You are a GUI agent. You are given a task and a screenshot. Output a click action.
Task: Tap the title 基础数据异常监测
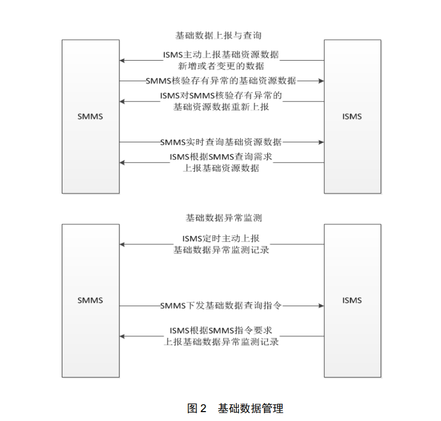pos(220,218)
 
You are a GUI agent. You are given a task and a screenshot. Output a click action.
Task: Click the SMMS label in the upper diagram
pos(91,116)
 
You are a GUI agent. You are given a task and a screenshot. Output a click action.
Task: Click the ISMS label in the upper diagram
pos(352,116)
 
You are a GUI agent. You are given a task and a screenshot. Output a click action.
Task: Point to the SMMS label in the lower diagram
pos(91,300)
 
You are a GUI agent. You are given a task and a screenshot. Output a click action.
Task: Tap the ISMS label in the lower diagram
pos(352,300)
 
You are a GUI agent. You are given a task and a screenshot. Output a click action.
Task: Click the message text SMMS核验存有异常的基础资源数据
pos(221,81)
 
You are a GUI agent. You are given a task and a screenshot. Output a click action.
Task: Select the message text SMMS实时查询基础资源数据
pos(221,142)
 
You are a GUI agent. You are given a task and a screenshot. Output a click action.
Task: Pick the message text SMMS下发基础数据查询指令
pos(221,305)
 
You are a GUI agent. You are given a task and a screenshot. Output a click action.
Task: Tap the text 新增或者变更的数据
pos(221,66)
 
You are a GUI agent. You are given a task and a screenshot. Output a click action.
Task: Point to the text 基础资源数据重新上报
pos(221,107)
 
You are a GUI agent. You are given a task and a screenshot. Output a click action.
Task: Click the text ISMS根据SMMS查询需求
pos(221,157)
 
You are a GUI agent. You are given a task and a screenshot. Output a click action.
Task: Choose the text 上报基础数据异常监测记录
pos(221,342)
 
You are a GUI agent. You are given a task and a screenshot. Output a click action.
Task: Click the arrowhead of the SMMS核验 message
pos(321,81)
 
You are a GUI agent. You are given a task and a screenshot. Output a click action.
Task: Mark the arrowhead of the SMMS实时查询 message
pos(321,142)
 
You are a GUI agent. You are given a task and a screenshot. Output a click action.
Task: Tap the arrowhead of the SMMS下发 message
pos(321,305)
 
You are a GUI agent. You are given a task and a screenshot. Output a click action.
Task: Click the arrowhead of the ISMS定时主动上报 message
pos(122,244)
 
